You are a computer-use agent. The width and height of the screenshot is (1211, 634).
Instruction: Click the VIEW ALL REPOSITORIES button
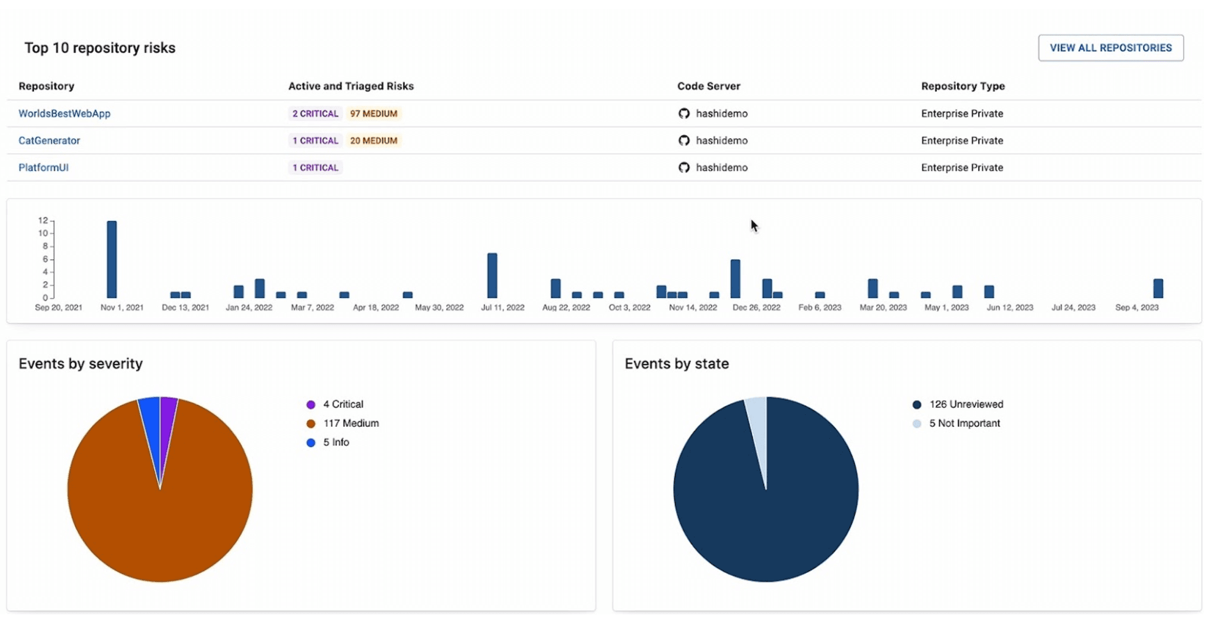1110,47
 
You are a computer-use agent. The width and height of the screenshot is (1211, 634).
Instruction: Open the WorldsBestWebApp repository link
64,113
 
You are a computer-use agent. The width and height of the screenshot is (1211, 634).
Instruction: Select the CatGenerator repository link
49,141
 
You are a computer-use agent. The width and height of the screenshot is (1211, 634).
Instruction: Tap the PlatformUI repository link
43,167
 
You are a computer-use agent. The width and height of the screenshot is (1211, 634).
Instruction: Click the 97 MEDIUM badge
373,113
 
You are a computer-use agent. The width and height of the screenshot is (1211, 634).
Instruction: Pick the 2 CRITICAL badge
315,113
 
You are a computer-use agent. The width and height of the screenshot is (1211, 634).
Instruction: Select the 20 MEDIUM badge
373,141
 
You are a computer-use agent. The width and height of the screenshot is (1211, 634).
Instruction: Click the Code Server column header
708,86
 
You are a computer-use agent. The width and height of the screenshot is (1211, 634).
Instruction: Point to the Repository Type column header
962,86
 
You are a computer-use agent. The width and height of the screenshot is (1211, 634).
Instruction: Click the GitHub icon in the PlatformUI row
684,167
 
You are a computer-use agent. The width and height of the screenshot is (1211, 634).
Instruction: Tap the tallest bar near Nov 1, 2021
112,259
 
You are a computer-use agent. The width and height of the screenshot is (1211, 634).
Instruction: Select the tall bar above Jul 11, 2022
492,275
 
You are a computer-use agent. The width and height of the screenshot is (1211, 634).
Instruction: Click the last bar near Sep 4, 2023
1158,289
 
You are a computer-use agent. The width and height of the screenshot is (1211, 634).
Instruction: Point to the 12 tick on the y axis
43,220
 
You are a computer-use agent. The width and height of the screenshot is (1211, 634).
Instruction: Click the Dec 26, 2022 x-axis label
756,308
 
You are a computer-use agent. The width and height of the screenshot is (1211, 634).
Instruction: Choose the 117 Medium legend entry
350,423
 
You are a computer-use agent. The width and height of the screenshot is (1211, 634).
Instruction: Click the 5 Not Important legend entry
963,423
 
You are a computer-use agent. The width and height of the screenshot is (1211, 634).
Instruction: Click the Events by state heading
676,363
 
